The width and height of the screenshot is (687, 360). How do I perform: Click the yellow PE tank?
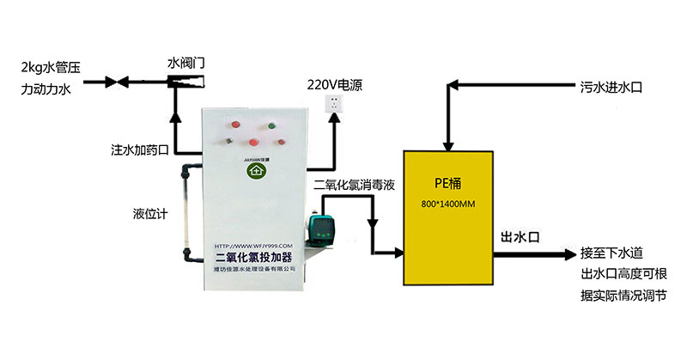pos(450,223)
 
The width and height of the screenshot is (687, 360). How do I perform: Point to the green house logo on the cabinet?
pos(254,171)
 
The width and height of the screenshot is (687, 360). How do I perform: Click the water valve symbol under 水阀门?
pos(187,83)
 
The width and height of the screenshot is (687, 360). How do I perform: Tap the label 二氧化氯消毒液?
pos(354,185)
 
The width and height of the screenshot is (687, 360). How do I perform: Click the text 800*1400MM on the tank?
pos(449,204)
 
